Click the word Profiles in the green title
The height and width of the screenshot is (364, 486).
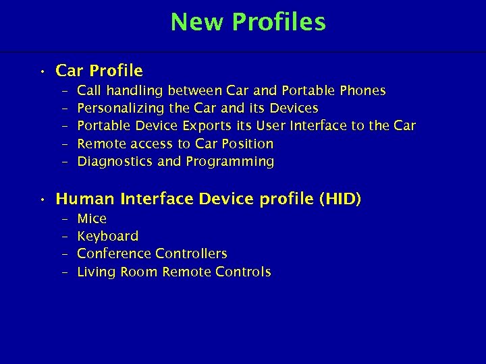pos(279,22)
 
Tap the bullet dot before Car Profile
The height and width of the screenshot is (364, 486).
pos(42,71)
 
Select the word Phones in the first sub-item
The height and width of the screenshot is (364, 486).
pos(364,90)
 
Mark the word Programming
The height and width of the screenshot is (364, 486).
pos(230,162)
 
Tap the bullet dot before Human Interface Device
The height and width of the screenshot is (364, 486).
pos(42,200)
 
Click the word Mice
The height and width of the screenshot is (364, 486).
pos(92,218)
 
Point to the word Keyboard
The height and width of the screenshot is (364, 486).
pos(108,236)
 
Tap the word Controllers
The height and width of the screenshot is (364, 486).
pos(191,253)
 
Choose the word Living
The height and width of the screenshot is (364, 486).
pos(97,272)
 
